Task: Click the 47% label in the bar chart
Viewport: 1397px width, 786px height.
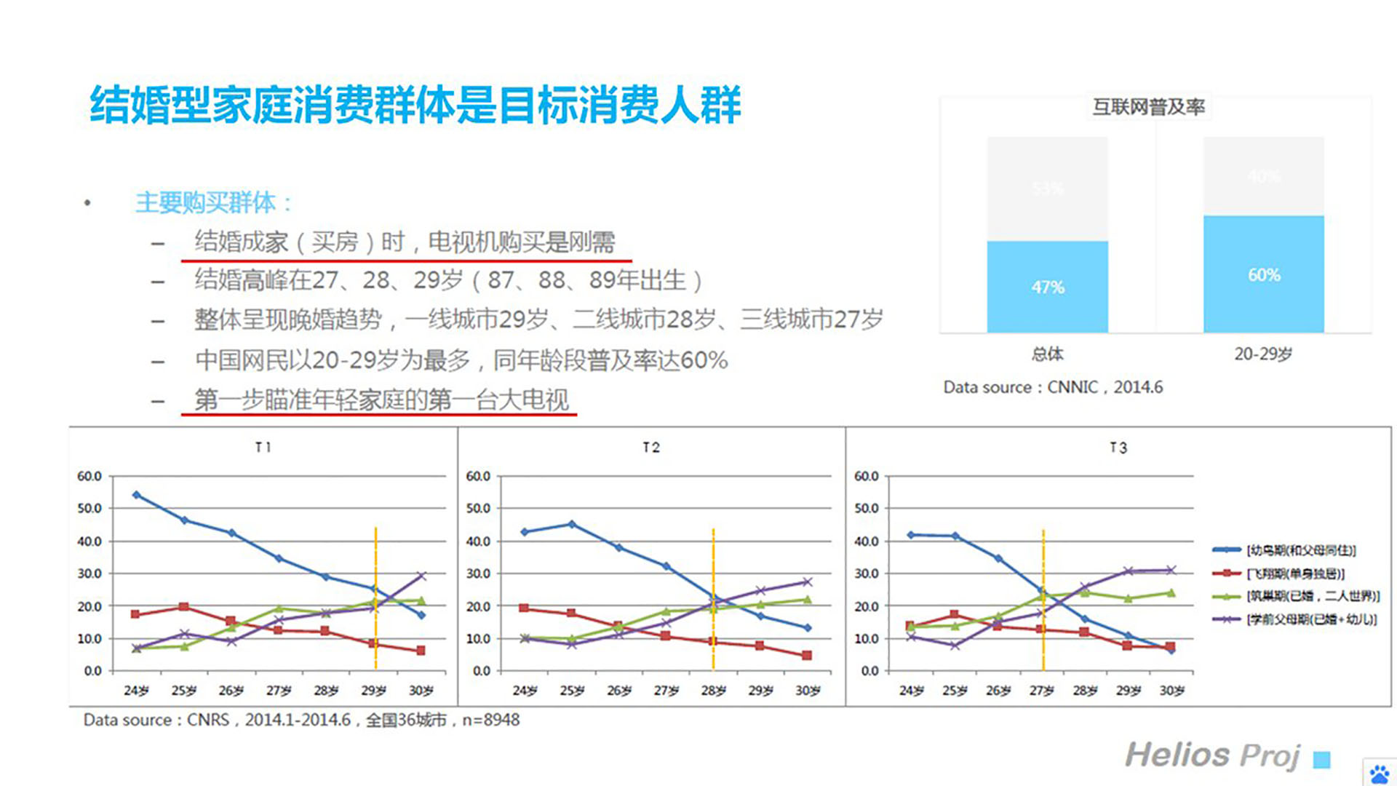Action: (x=1047, y=287)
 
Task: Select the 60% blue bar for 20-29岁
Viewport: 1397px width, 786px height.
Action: (x=1263, y=274)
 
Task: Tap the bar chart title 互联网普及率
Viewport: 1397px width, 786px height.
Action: (x=1148, y=108)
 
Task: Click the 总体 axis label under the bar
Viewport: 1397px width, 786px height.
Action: (x=1047, y=354)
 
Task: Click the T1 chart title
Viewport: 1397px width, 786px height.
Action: (x=263, y=448)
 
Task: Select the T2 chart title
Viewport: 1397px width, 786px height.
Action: (x=651, y=448)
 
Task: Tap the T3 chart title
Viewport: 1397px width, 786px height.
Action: (x=1118, y=448)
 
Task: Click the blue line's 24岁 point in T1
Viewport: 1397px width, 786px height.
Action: (x=136, y=495)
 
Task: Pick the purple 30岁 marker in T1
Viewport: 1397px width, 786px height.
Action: (x=421, y=576)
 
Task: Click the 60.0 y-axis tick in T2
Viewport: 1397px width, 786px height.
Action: (x=478, y=476)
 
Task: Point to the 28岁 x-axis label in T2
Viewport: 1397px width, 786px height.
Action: (x=713, y=691)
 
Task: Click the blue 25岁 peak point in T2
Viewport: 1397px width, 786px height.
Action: (x=571, y=524)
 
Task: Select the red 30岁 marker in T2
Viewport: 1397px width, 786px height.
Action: (x=807, y=656)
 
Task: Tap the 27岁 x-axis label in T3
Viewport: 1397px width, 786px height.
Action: (x=1042, y=691)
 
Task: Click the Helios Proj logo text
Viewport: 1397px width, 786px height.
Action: (x=1212, y=755)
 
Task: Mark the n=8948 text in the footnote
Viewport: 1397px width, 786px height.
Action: (x=491, y=720)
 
